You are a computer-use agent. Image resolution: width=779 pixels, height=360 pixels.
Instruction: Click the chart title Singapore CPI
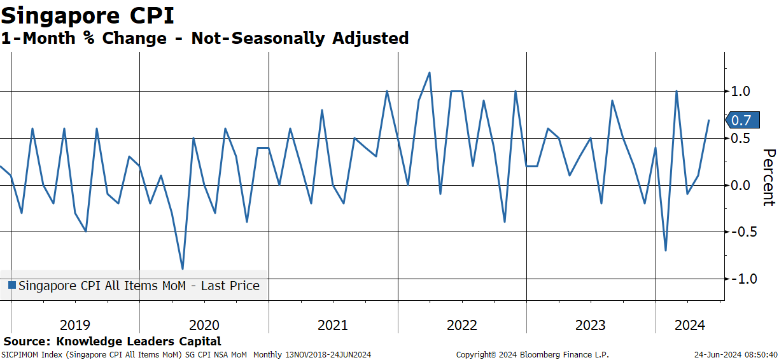[87, 16]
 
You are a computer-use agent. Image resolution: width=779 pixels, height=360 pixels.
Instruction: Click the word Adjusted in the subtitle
[370, 38]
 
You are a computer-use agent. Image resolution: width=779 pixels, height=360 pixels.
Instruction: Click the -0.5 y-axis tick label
[744, 232]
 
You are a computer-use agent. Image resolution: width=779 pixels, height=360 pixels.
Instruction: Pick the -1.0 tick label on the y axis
[744, 279]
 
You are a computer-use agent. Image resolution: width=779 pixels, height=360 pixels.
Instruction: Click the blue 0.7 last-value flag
[743, 120]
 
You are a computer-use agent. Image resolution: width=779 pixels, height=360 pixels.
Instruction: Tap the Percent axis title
[769, 177]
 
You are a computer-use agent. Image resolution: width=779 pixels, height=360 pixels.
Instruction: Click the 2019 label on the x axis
[75, 325]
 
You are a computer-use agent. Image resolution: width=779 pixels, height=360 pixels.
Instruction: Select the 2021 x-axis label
[333, 325]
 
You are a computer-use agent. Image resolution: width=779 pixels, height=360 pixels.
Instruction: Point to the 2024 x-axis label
[690, 325]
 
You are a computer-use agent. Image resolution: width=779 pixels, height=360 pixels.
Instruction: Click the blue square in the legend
[12, 286]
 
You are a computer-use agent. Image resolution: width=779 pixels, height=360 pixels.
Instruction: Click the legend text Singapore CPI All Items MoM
[102, 286]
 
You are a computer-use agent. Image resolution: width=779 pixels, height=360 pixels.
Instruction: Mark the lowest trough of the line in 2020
[183, 269]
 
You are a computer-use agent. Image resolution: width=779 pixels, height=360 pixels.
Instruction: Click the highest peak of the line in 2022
[430, 73]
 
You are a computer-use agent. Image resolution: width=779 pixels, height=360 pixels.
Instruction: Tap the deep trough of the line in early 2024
[666, 250]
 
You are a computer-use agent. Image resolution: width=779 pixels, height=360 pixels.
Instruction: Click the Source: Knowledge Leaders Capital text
[112, 341]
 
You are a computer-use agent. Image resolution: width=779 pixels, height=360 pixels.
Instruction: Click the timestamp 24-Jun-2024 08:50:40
[736, 355]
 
